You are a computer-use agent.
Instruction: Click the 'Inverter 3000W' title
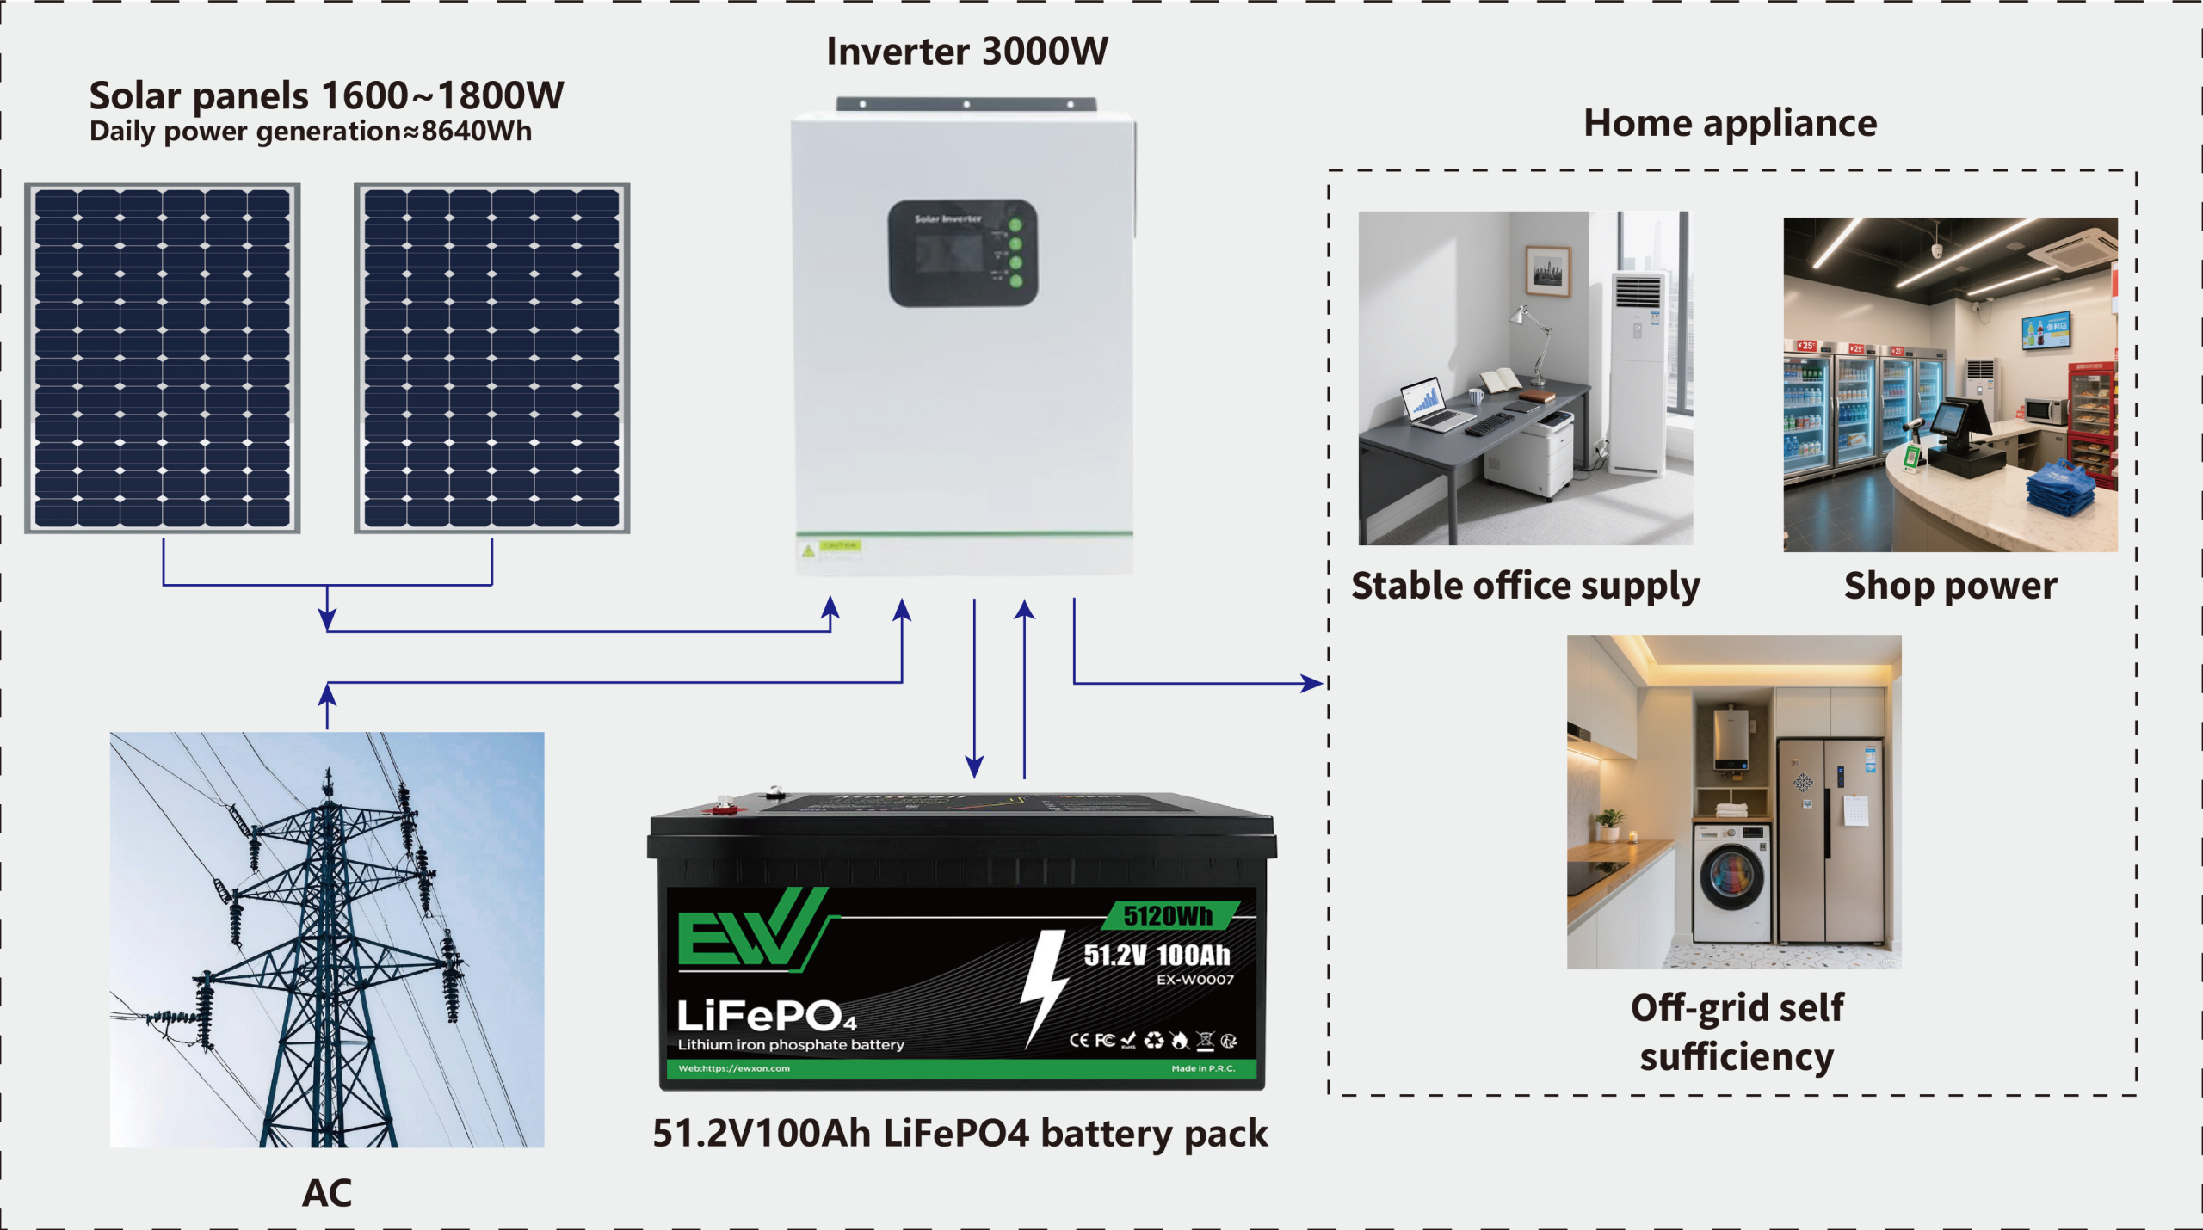(966, 52)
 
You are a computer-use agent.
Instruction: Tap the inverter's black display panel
(962, 253)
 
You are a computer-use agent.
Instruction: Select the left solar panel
(163, 358)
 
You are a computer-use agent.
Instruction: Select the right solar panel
(491, 358)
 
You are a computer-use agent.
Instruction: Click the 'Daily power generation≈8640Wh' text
(310, 132)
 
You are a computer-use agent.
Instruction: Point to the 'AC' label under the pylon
(327, 1193)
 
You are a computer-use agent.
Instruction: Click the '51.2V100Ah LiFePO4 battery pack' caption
(960, 1134)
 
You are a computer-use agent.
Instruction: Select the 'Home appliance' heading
(1730, 123)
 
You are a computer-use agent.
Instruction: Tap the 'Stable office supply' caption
(1525, 586)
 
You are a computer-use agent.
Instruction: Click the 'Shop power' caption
(1950, 586)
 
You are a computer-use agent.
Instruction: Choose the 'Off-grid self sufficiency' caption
(1737, 1031)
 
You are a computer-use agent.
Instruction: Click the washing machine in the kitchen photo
(1731, 882)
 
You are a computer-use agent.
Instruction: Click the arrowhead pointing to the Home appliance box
(1312, 683)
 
